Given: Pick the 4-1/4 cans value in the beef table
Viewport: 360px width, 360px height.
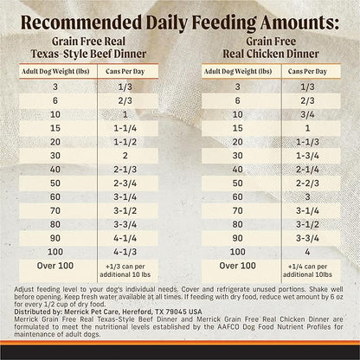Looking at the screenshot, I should coord(132,235).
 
